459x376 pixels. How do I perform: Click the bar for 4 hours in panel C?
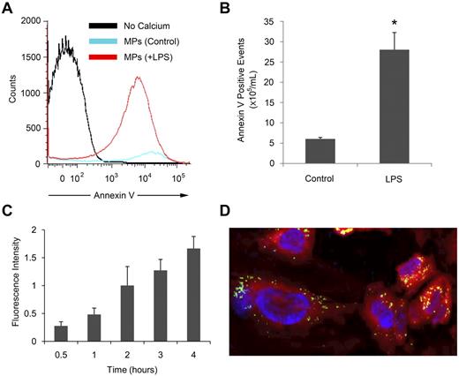pyautogui.click(x=192, y=295)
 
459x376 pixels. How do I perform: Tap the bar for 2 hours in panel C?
pyautogui.click(x=128, y=312)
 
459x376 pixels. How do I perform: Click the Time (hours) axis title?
pyautogui.click(x=128, y=369)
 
